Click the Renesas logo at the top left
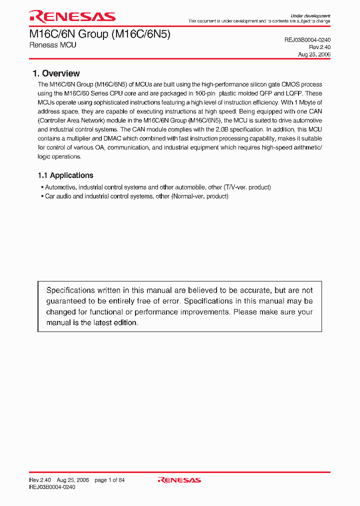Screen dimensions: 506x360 click(x=72, y=16)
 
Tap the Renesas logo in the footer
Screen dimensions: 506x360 click(x=179, y=480)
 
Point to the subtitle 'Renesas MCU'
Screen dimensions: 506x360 click(x=52, y=45)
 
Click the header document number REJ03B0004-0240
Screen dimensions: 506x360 click(x=307, y=39)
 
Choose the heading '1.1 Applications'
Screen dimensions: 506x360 click(x=65, y=175)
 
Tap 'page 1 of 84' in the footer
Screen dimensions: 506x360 click(x=109, y=480)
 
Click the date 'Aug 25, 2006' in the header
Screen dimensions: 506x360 click(x=314, y=54)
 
